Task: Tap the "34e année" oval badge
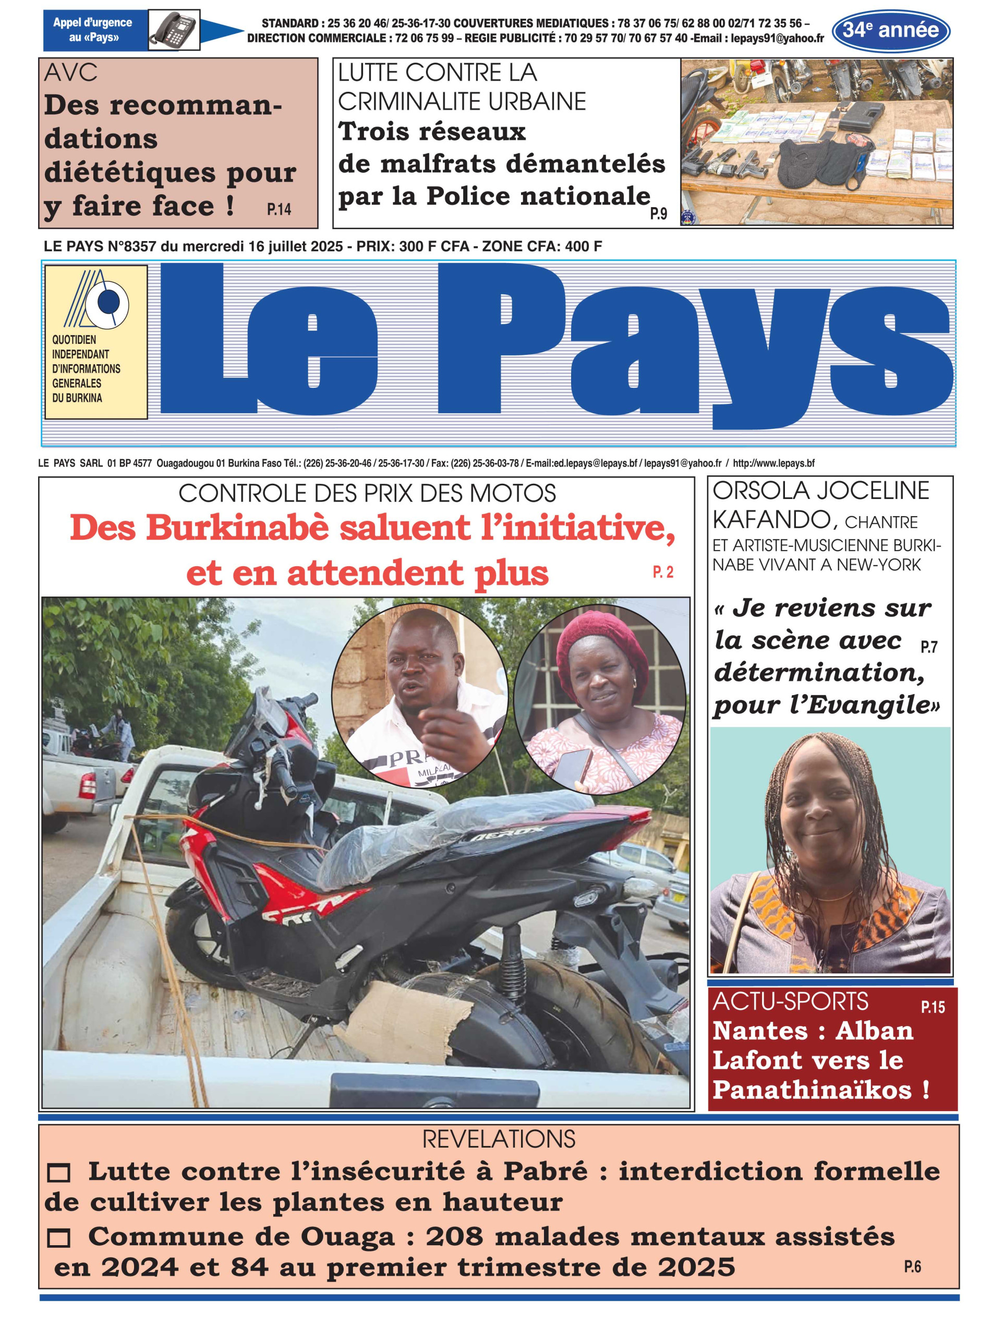[890, 30]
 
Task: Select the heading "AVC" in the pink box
[70, 73]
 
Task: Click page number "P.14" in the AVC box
[279, 209]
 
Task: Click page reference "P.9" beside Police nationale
[658, 213]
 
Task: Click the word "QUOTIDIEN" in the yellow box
[74, 339]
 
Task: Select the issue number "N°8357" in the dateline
[132, 246]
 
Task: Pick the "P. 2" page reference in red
[663, 572]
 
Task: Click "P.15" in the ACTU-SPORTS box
[932, 1007]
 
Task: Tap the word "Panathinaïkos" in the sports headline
[812, 1089]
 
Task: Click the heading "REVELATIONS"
[499, 1139]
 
